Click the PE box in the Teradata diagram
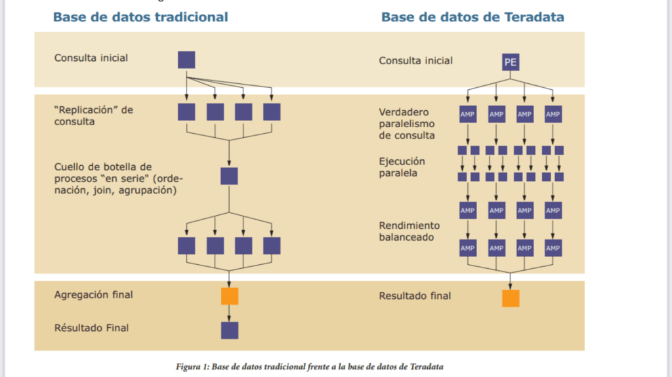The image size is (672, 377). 510,62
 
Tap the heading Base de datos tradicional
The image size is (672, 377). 140,17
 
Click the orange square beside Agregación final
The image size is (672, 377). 229,296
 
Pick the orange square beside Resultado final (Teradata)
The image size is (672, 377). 510,298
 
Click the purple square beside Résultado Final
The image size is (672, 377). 229,330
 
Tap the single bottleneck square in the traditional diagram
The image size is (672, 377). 229,176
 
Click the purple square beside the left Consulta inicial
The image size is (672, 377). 186,60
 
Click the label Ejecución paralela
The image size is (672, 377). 402,167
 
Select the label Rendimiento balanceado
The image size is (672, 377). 409,231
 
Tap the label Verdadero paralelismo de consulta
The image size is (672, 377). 407,123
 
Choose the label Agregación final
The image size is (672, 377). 93,295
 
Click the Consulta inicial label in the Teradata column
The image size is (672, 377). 415,61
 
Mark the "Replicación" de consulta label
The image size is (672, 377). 93,115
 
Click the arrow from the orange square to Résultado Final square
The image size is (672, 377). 229,313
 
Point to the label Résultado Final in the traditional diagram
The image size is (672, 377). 91,327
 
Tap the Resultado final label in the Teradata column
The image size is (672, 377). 415,296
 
